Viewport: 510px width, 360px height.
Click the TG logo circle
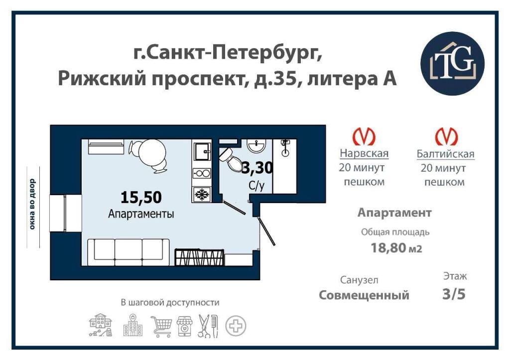click(x=452, y=63)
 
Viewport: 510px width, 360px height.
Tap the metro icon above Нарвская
click(x=364, y=136)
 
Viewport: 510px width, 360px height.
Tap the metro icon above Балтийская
click(x=446, y=136)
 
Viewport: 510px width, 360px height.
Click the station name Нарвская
click(x=364, y=153)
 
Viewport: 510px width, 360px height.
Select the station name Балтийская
click(x=446, y=154)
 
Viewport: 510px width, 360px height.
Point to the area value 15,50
click(x=141, y=197)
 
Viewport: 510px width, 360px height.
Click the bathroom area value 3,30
click(x=257, y=168)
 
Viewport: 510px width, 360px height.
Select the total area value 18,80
click(x=388, y=248)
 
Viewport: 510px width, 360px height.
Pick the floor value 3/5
click(x=454, y=294)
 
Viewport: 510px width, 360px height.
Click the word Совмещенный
click(x=364, y=295)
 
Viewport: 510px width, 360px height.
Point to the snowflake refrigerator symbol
click(x=202, y=195)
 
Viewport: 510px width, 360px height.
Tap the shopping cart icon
click(x=162, y=326)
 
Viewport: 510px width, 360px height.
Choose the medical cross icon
click(x=236, y=326)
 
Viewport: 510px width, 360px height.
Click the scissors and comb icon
click(x=208, y=326)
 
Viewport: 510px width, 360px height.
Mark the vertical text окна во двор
click(x=32, y=204)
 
